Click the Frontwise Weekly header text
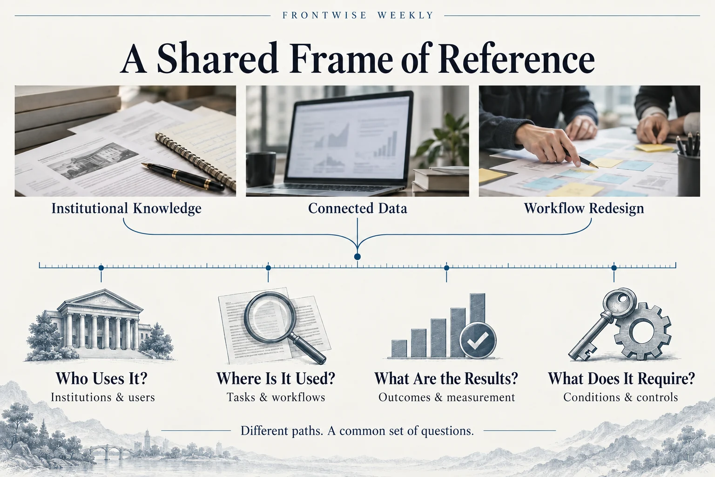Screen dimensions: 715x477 [x=357, y=15]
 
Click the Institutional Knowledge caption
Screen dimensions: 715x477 [x=127, y=208]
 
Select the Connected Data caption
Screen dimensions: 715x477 [x=357, y=208]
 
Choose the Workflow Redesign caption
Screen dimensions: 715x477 [x=584, y=208]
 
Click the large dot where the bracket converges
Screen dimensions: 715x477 [x=357, y=257]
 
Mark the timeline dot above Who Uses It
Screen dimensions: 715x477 [x=101, y=268]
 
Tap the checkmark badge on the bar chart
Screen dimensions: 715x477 [x=478, y=340]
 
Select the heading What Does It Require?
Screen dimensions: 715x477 [x=621, y=378]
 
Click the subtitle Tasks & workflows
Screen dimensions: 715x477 [x=276, y=397]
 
